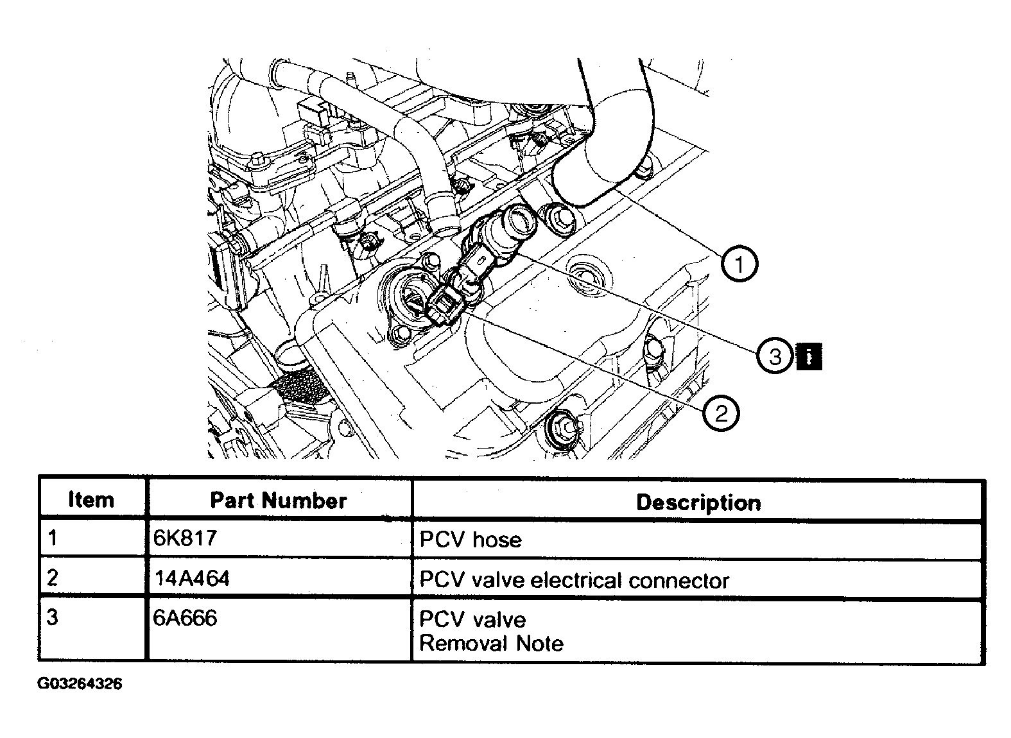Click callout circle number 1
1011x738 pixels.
click(739, 264)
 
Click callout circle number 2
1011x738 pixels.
click(720, 413)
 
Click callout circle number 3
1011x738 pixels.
click(775, 355)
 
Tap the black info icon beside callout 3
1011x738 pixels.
click(809, 356)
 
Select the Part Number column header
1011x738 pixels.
click(278, 501)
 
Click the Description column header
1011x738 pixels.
click(698, 502)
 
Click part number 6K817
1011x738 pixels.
click(185, 538)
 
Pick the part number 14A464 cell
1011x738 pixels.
click(191, 578)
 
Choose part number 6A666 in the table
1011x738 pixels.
click(185, 618)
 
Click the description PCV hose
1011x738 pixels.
click(470, 539)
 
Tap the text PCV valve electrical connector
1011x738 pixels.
click(574, 580)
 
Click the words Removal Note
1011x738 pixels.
click(491, 643)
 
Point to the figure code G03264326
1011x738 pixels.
click(80, 684)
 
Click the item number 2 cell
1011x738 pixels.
click(53, 578)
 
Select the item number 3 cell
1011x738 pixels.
click(53, 618)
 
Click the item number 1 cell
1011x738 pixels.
click(53, 538)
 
